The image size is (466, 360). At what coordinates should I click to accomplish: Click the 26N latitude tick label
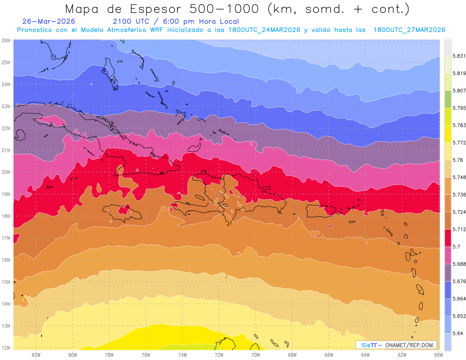click(x=5, y=40)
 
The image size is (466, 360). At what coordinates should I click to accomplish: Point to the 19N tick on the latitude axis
click(x=5, y=194)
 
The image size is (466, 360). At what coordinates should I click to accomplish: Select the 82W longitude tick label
click(x=36, y=355)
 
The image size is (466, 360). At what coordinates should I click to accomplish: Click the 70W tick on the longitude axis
click(x=256, y=355)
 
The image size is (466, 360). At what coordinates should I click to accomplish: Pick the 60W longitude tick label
click(x=438, y=355)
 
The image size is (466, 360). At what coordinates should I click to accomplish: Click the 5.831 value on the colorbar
click(x=459, y=56)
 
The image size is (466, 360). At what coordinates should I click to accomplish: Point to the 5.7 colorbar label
click(x=456, y=247)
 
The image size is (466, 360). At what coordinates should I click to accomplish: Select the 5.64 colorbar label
click(x=457, y=334)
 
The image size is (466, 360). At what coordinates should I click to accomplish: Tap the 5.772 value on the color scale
click(x=459, y=143)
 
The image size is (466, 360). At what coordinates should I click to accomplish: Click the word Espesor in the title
click(x=155, y=9)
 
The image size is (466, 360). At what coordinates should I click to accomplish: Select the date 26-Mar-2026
click(x=49, y=21)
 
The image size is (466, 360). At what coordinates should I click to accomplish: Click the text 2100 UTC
click(x=131, y=21)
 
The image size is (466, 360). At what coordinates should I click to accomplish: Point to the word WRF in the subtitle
click(x=156, y=30)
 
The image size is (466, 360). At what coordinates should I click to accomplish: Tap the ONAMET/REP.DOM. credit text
click(x=410, y=345)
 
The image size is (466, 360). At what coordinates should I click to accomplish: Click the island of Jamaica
click(x=122, y=212)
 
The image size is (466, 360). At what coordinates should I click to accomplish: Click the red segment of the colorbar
click(x=448, y=238)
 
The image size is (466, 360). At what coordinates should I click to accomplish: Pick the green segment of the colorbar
click(x=448, y=99)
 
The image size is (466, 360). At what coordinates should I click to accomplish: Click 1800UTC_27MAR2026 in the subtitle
click(x=409, y=30)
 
